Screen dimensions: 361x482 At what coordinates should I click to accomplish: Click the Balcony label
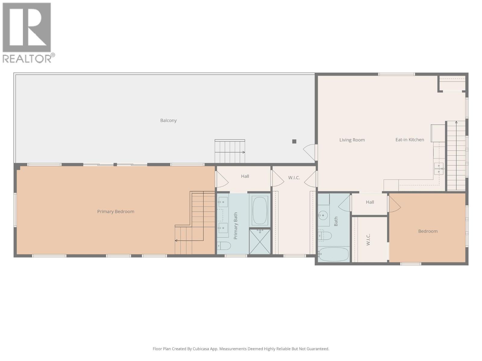(168, 120)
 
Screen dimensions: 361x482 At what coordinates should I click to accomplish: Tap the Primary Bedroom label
(116, 211)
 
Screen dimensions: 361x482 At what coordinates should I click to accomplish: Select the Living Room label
(352, 140)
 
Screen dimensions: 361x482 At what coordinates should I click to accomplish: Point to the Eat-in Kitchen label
(409, 140)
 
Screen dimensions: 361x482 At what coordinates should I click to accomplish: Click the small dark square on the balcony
(294, 141)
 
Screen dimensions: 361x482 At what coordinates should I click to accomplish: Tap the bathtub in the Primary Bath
(260, 211)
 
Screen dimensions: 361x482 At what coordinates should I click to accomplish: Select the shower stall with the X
(260, 242)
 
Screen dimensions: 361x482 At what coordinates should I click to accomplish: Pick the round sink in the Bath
(323, 215)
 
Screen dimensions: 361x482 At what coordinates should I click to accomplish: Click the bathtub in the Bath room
(333, 255)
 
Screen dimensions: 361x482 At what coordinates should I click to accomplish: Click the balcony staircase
(230, 151)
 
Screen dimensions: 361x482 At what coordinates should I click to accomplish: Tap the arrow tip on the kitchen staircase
(456, 122)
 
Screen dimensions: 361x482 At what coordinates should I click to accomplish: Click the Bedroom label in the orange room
(428, 231)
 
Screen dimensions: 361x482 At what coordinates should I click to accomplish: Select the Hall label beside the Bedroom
(370, 202)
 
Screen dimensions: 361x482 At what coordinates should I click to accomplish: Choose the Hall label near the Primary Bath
(245, 176)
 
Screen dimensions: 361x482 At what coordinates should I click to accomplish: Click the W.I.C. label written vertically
(368, 239)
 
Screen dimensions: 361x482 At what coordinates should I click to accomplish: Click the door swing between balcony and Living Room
(310, 152)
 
